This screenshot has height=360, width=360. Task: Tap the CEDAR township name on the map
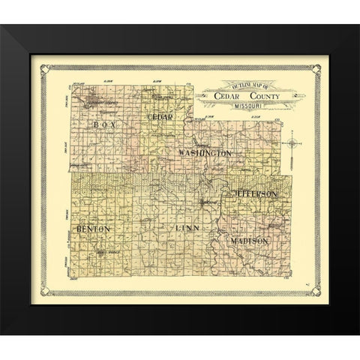[x=160, y=118]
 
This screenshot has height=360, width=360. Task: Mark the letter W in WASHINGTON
[x=182, y=153]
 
